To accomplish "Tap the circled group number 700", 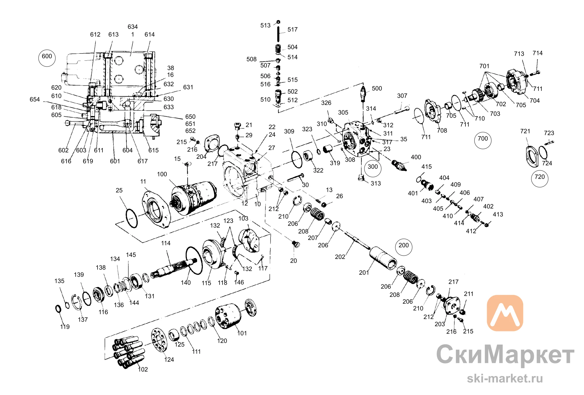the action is tap(483, 140).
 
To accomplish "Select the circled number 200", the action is tap(404, 247).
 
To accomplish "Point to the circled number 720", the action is tap(540, 178).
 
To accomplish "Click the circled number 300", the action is tap(373, 168).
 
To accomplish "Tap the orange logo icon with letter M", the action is tap(505, 313).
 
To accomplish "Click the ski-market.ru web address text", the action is tap(505, 378).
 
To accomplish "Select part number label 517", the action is tap(292, 29).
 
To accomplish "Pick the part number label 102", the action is tap(143, 369).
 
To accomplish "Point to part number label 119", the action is tap(65, 327).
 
